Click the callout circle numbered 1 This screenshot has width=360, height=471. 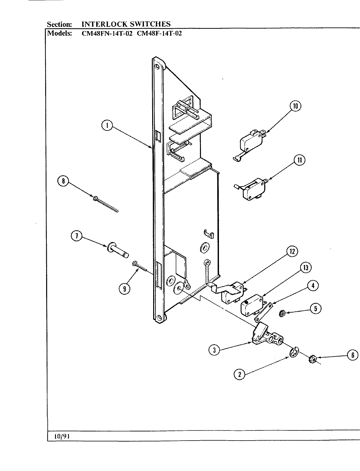coord(107,126)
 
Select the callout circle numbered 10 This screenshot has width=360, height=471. coord(295,106)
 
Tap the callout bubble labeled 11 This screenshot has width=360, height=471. coord(299,160)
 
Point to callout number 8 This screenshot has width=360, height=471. coord(63,181)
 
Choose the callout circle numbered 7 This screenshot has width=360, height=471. coord(77,236)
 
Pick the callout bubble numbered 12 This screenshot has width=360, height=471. coord(292,251)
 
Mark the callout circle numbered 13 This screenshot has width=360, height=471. coord(305,268)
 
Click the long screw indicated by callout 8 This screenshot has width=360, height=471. coord(106,204)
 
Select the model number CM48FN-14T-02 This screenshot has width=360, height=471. coord(107,33)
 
